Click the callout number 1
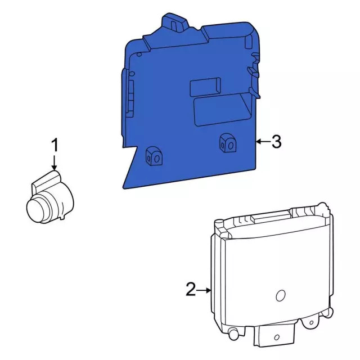tap(55, 145)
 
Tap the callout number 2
tap(191, 290)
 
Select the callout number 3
tap(276, 142)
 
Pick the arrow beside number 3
tap(261, 142)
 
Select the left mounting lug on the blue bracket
tap(153, 156)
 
